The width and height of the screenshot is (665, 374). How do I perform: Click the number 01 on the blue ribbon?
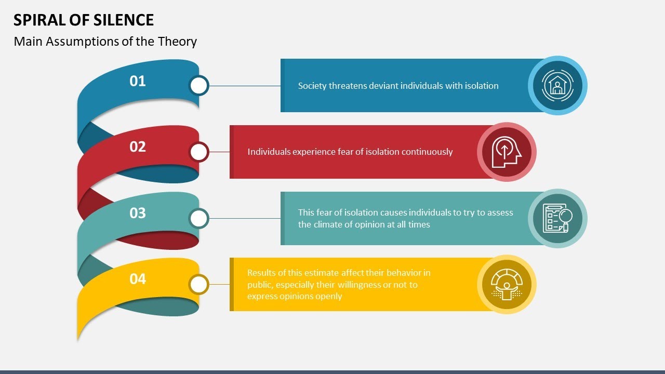coord(138,81)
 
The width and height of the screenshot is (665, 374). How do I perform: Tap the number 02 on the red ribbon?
coord(138,147)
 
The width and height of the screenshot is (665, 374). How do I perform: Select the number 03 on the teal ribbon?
coord(138,213)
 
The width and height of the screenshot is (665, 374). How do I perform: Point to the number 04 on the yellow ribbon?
coord(138,279)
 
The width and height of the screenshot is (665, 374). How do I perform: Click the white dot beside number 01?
coord(198,86)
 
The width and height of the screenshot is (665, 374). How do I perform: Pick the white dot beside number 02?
coord(198,152)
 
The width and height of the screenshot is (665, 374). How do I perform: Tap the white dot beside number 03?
coord(198,219)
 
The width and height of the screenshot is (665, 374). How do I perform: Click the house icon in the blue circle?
coord(557,85)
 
